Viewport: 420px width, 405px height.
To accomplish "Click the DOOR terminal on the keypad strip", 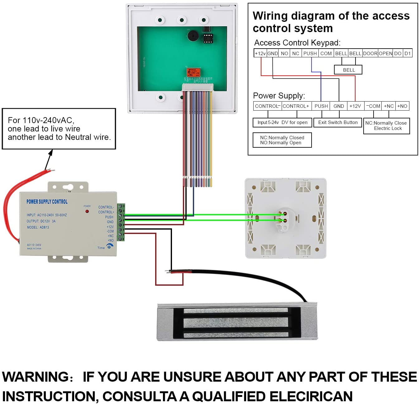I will coord(370,53).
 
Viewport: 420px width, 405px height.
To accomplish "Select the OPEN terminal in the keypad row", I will coord(385,53).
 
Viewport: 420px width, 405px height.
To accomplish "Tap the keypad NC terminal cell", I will coord(296,53).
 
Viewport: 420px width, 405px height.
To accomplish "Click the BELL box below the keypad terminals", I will coord(348,70).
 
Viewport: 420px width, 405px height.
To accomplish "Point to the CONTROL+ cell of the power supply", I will coord(296,106).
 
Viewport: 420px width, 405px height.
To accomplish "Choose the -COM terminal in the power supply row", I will coord(373,106).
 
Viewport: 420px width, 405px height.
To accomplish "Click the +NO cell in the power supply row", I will coord(402,106).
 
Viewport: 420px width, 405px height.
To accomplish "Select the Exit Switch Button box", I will coord(338,122).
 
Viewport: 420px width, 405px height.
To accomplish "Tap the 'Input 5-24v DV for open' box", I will coord(282,122).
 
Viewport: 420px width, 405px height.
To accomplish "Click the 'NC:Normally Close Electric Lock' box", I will coord(386,126).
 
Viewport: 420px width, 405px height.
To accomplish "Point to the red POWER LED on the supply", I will coord(87,211).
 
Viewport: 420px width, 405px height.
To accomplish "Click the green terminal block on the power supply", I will coord(121,222).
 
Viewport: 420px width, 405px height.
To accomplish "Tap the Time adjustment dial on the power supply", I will coord(109,246).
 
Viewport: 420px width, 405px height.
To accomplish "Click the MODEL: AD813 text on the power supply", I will coord(38,227).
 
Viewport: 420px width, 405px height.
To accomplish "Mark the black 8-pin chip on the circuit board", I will coord(208,38).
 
